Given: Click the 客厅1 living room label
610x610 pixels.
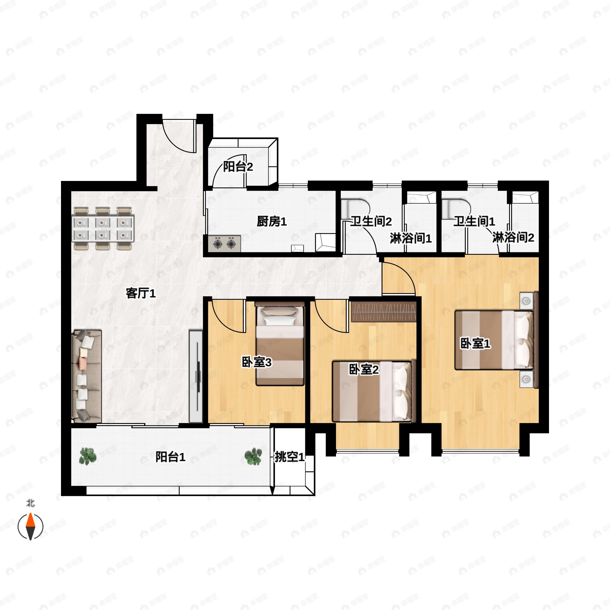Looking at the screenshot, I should point(141,293).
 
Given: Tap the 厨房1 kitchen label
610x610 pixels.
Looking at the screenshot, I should point(271,222).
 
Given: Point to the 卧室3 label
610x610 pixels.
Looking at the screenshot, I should point(256,362).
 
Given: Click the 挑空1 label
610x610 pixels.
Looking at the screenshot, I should point(289,457).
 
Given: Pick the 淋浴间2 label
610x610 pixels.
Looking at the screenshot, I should point(513,237).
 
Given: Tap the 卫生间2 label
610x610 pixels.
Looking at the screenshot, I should point(371,221).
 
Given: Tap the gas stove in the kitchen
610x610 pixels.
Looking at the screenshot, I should point(224,244).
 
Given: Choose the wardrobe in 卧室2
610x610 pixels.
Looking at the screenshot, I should point(384,312).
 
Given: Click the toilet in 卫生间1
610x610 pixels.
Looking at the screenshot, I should point(456,209).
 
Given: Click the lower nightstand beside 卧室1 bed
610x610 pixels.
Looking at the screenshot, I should point(526,379).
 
